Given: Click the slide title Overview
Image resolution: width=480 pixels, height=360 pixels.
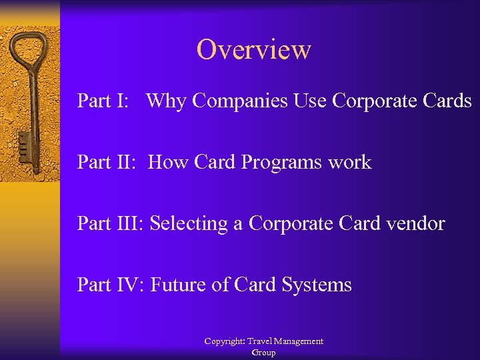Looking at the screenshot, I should coord(253,50).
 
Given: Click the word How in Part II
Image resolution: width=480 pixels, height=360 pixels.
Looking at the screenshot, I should coord(169,162).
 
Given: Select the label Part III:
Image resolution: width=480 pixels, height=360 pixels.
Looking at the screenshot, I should coord(111,223).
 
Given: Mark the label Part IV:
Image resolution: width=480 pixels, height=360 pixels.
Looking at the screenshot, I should coord(111,285).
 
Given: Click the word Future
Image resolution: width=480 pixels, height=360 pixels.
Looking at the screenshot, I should coord(178,285).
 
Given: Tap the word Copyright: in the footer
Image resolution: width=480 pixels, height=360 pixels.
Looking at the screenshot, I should coord(225,341).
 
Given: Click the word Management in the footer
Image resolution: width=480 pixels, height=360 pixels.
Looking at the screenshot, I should coord(297,341).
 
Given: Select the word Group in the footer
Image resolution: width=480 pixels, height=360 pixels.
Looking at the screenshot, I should coord(263,353).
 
